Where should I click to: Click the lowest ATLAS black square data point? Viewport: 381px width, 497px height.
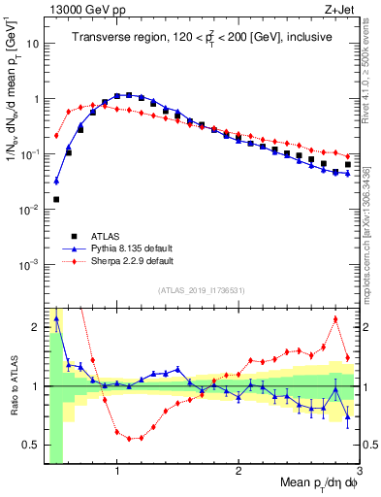click(x=56, y=199)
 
